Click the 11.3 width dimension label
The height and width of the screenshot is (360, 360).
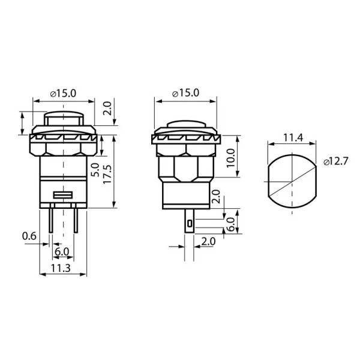point(61,268)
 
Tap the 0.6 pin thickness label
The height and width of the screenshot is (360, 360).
point(29,236)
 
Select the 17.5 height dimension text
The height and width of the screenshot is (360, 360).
point(107,175)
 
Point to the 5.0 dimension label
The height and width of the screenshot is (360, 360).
point(95,170)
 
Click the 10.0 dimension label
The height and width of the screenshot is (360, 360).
point(231,158)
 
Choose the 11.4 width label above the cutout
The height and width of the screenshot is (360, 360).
point(293,137)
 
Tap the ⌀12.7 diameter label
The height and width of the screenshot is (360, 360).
point(336,161)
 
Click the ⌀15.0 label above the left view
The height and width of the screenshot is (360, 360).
point(63,94)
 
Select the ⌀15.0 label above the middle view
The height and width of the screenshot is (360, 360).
point(186,93)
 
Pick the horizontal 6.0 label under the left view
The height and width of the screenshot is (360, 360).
point(62,252)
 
